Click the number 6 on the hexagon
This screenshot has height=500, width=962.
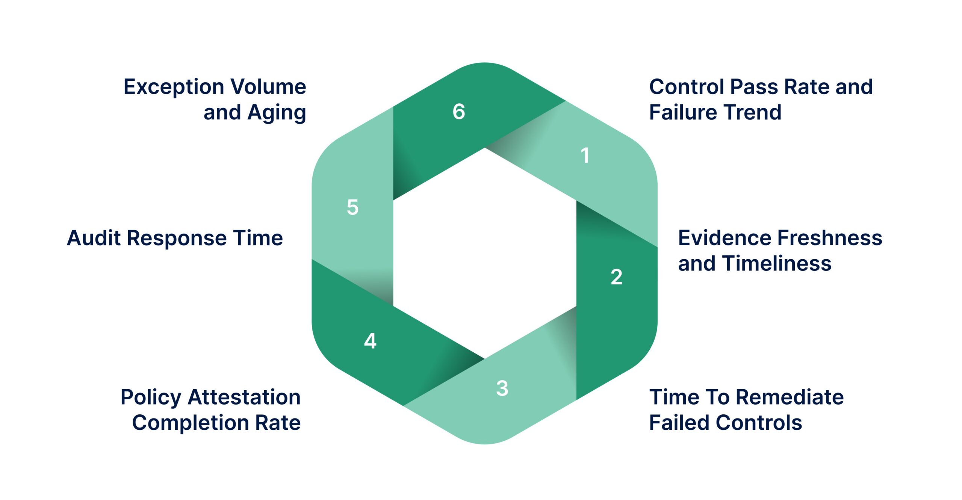tap(458, 112)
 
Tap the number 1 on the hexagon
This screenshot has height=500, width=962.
tap(585, 155)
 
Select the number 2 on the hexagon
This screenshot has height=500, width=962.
tap(616, 277)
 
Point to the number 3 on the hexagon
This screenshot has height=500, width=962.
tap(502, 388)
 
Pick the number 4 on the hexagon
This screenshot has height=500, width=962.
tap(370, 341)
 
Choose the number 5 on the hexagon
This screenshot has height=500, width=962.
tap(352, 207)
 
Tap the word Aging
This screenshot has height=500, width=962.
tap(277, 113)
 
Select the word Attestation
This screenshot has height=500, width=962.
tap(244, 397)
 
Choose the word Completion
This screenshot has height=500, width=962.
tap(191, 423)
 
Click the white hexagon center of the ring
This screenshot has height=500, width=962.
tap(485, 254)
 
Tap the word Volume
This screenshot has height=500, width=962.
tap(268, 87)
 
